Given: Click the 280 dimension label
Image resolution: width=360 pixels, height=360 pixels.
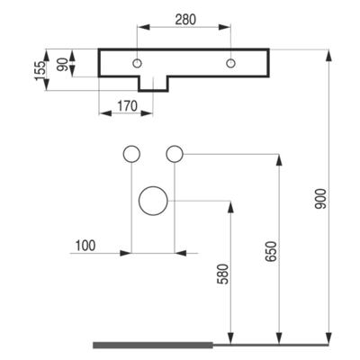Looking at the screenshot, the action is pyautogui.click(x=185, y=20).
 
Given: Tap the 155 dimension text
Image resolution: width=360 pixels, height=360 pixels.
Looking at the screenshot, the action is pyautogui.click(x=40, y=71).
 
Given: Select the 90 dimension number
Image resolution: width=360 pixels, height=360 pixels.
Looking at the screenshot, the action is pyautogui.click(x=62, y=65).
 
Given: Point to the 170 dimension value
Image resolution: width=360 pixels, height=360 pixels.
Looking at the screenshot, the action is pyautogui.click(x=127, y=106).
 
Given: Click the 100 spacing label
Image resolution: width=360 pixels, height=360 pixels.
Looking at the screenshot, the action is pyautogui.click(x=85, y=246).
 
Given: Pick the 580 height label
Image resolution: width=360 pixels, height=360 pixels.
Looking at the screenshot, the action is pyautogui.click(x=223, y=274).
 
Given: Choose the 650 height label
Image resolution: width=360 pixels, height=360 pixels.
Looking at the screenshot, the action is pyautogui.click(x=272, y=251).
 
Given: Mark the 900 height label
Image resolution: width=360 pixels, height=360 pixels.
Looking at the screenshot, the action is pyautogui.click(x=320, y=199).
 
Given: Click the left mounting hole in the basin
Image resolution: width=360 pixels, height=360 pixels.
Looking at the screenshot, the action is pyautogui.click(x=138, y=63).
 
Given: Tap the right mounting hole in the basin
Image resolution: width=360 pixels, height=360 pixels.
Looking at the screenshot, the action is pyautogui.click(x=230, y=63).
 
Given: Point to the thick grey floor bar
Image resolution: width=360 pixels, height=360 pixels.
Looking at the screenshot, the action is pyautogui.click(x=153, y=345).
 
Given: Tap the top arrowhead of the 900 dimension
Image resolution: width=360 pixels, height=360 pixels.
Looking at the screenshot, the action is pyautogui.click(x=329, y=57).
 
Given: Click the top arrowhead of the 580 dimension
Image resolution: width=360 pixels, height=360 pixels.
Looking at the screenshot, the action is pyautogui.click(x=230, y=208).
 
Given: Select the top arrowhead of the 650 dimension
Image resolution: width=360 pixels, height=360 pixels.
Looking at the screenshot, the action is pyautogui.click(x=279, y=161).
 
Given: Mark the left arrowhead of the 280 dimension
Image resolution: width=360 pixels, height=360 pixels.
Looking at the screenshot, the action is pyautogui.click(x=144, y=27).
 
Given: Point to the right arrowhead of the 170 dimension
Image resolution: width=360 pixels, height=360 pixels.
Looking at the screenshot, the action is pyautogui.click(x=147, y=113).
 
